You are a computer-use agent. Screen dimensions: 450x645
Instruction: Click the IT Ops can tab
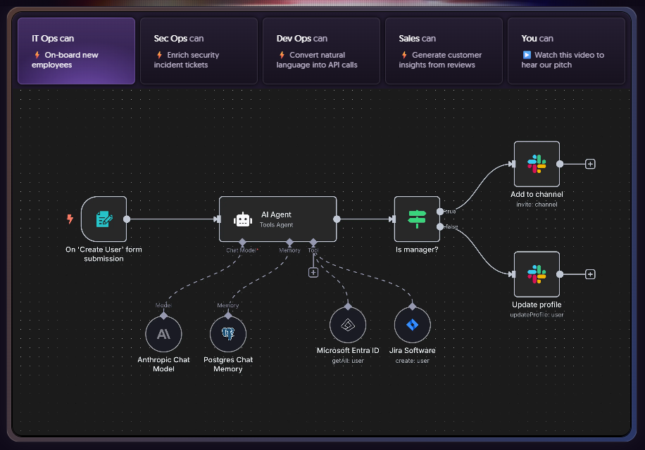coord(76,51)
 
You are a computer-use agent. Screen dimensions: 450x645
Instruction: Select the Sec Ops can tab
coord(199,51)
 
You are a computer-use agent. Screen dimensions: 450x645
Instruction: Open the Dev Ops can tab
coord(321,51)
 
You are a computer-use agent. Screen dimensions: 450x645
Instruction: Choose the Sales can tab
coord(444,51)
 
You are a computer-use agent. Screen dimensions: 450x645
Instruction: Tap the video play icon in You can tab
coord(527,55)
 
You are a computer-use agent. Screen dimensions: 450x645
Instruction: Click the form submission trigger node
coord(104,219)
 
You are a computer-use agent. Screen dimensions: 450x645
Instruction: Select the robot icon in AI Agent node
coord(243,219)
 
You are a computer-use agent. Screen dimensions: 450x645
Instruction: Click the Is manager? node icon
coord(417,219)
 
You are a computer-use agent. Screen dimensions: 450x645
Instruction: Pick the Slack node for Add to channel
coord(537,164)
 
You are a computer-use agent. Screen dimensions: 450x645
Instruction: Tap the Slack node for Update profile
coord(537,274)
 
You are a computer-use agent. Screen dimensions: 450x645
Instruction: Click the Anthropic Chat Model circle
coord(163,334)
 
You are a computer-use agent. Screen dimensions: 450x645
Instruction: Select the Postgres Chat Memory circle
coord(228,334)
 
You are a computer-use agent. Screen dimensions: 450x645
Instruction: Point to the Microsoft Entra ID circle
coord(348,325)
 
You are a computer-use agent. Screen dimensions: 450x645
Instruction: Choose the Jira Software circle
coord(413,325)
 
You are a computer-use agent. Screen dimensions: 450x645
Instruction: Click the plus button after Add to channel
coord(590,164)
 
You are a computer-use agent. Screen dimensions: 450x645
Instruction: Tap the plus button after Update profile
coord(590,274)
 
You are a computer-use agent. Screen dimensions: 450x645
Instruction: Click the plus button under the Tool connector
coord(313,272)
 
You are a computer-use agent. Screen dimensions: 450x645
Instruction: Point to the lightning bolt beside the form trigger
coord(70,219)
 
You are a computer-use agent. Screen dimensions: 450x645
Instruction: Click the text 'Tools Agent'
coord(276,225)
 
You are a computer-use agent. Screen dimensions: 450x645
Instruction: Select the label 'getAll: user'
coord(348,361)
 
